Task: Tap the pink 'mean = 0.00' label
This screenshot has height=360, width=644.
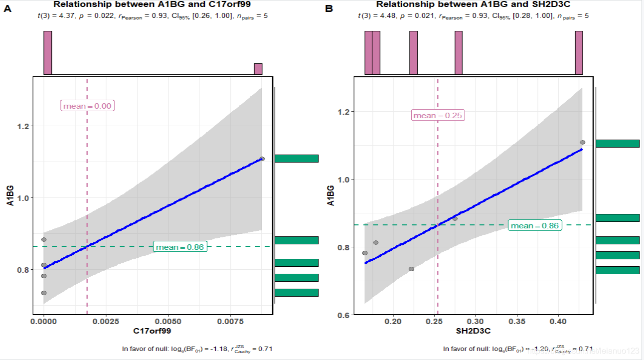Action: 87,106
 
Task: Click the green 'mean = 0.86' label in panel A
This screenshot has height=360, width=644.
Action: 180,247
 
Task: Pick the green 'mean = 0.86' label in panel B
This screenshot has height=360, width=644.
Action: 535,226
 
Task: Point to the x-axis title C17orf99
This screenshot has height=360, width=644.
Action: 153,331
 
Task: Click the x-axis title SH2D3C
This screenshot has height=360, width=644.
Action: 474,331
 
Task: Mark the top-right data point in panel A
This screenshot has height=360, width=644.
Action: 262,159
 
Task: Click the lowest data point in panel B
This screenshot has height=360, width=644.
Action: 411,269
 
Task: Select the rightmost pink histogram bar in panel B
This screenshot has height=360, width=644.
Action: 579,53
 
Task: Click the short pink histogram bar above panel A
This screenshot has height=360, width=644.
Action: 258,69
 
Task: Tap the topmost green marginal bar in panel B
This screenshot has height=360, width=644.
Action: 618,144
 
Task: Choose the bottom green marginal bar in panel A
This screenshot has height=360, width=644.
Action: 296,293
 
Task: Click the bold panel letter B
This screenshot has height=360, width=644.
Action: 328,9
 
